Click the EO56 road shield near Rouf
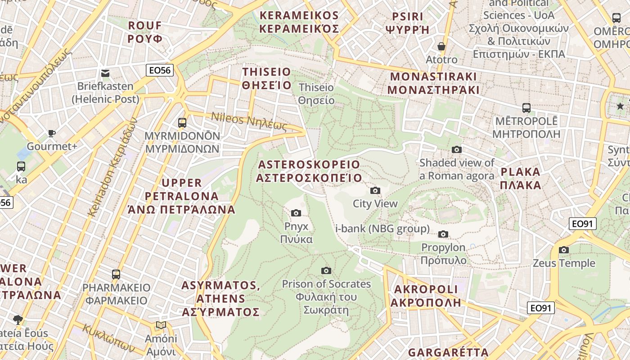pos(160,70)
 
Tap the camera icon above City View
pos(375,190)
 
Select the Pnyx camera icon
pos(296,213)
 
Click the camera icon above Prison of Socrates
pos(326,270)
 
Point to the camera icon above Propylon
pos(443,234)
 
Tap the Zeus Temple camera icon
pos(564,250)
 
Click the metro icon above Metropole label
pos(526,108)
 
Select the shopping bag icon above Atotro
pos(441,46)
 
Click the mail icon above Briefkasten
pos(105,73)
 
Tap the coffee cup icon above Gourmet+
pos(52,133)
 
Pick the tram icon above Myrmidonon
pos(182,122)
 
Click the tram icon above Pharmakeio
pos(116,274)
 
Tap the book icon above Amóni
pos(161,325)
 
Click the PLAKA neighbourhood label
pos(521,178)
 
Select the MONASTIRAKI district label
pos(433,83)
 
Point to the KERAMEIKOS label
pos(299,22)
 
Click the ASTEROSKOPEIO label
pos(309,171)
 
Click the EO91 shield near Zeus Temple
pos(582,224)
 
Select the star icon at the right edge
pos(620,106)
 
